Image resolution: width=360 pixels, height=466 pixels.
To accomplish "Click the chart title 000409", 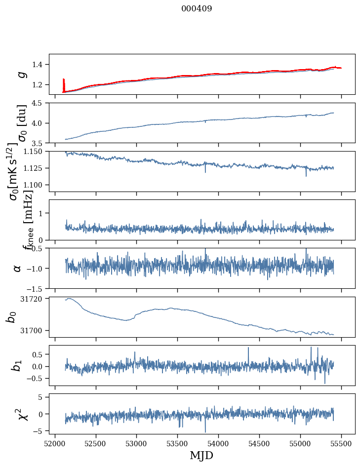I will click(197, 9).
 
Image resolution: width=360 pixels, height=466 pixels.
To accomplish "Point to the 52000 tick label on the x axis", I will click(55, 443).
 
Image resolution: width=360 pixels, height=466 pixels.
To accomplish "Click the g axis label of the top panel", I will click(20, 74).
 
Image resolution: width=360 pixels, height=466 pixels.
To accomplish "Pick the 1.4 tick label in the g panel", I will click(39, 64).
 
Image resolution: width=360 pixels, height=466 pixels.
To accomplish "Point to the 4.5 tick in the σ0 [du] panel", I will click(39, 103).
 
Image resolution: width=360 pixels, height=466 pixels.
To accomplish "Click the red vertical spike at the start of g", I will click(63, 84).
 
